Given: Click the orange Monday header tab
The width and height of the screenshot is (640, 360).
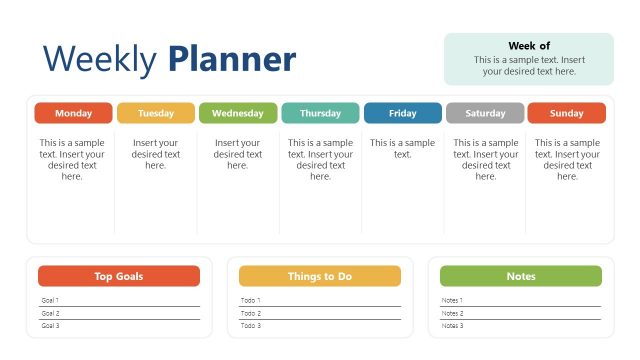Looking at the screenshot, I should [x=73, y=113].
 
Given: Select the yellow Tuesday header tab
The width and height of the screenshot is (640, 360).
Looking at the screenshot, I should [x=155, y=113].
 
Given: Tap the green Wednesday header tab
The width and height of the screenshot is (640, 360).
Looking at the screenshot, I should [x=237, y=113].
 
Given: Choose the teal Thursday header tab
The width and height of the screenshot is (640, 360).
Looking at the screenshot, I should [x=320, y=113].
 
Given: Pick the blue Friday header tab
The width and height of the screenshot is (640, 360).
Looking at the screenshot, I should [x=402, y=113].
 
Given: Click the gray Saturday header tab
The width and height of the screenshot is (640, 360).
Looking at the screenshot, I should [x=485, y=113].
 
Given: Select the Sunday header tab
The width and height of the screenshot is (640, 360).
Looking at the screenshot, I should [x=566, y=113].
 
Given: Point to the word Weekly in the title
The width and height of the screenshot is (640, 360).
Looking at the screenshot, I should [x=100, y=60].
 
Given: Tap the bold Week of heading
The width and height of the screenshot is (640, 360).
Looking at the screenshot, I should [x=529, y=46].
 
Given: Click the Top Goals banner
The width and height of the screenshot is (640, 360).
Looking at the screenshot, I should [x=119, y=276].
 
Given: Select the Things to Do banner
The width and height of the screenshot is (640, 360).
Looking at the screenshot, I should [x=320, y=276].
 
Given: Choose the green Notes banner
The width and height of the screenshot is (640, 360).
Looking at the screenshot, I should [x=521, y=276].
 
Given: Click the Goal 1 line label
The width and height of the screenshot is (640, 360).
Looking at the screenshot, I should [x=50, y=300].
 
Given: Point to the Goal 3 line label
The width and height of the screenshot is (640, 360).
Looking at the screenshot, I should [x=50, y=326].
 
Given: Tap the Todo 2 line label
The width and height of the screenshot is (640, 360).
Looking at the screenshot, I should [x=251, y=313].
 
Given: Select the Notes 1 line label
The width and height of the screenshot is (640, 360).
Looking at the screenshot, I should [x=452, y=300].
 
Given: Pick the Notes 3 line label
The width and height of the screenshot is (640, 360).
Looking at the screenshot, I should [x=452, y=326].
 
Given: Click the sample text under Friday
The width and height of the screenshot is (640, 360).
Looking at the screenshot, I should [x=402, y=148].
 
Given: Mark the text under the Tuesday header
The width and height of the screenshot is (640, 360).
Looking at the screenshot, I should [x=155, y=154].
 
